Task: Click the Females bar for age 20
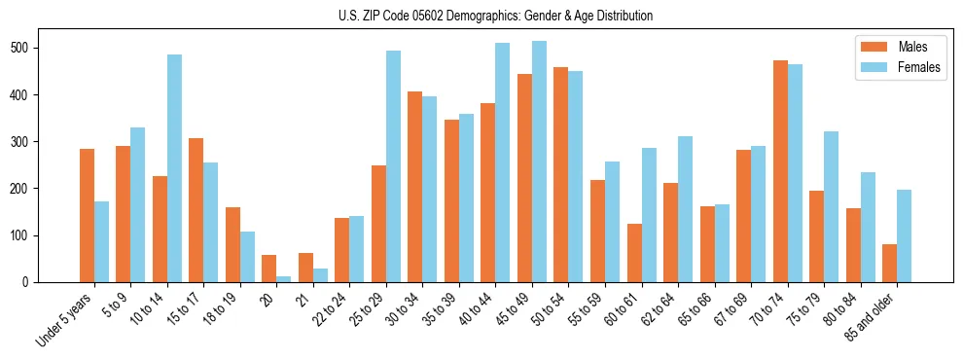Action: pos(284,279)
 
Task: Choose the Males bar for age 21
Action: pos(305,268)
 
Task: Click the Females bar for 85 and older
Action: pos(904,236)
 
